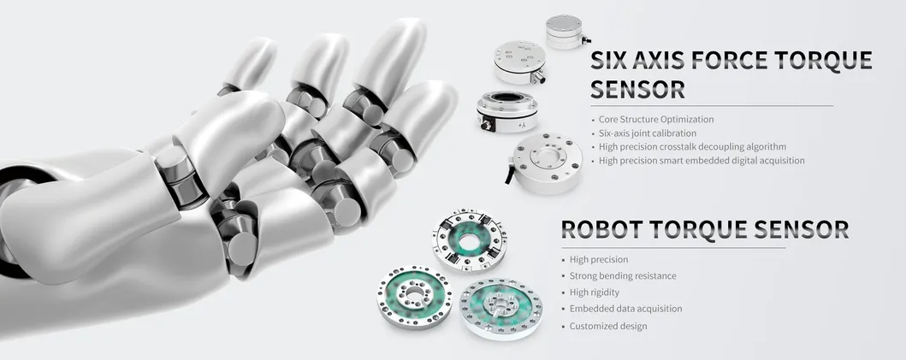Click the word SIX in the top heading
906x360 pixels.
click(610, 61)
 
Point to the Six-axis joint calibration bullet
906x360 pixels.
click(648, 133)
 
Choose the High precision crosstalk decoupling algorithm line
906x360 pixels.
click(692, 147)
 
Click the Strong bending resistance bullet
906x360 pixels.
click(623, 276)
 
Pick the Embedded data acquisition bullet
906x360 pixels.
click(625, 309)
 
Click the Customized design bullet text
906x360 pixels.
click(608, 326)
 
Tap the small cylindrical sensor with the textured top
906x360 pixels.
click(564, 32)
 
